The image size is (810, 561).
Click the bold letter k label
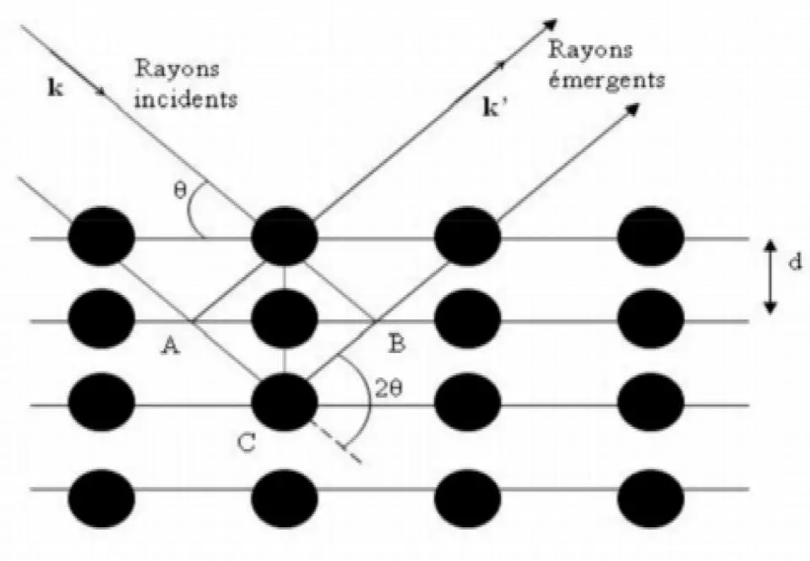(x=57, y=88)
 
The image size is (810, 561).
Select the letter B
(x=397, y=344)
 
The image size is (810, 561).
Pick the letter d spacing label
(x=794, y=263)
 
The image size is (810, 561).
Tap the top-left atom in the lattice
(x=101, y=235)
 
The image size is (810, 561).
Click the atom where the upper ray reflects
(x=285, y=235)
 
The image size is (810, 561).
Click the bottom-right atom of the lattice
(x=650, y=488)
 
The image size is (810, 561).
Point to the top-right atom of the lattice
(x=650, y=235)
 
